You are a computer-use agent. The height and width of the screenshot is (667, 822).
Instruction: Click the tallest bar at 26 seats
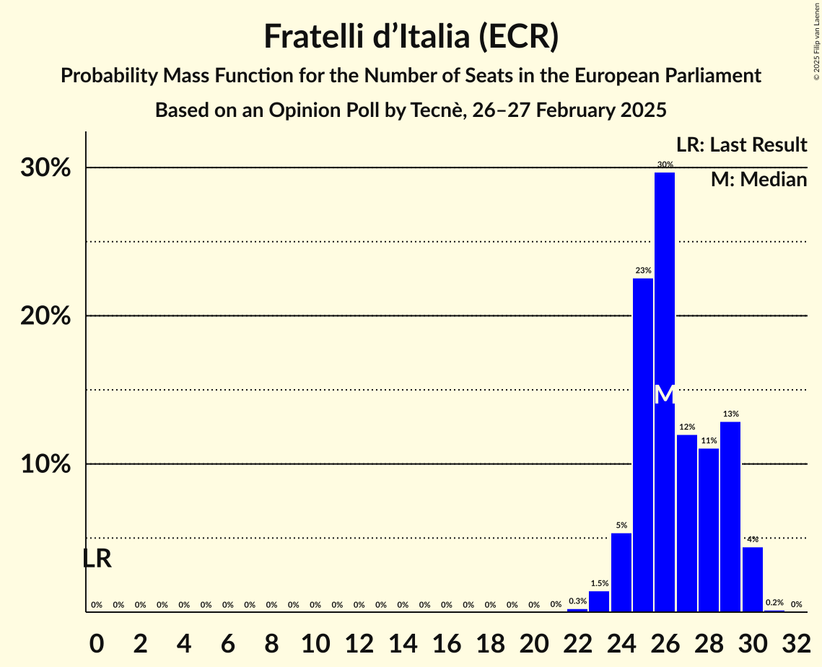click(x=665, y=289)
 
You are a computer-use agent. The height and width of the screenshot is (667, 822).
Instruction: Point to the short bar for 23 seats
click(x=599, y=601)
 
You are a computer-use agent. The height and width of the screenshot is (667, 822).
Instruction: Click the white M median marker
click(x=665, y=395)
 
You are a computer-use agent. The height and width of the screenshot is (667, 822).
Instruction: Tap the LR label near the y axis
click(x=97, y=559)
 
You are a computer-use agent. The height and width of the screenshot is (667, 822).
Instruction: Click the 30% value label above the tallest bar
click(x=665, y=165)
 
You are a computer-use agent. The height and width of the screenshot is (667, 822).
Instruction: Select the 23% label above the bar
click(x=643, y=271)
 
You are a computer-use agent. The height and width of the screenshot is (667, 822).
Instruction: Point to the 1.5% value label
click(x=599, y=583)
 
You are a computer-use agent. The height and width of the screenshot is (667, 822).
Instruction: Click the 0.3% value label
click(x=577, y=601)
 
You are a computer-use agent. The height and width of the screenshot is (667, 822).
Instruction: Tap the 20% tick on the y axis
click(x=45, y=316)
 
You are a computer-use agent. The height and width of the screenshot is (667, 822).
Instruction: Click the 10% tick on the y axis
click(x=45, y=464)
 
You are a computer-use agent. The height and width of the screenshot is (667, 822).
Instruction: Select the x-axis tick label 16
click(x=446, y=640)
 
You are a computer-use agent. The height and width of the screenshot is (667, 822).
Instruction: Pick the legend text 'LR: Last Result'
click(x=741, y=145)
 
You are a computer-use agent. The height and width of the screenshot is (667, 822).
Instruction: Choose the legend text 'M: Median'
click(x=758, y=180)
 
